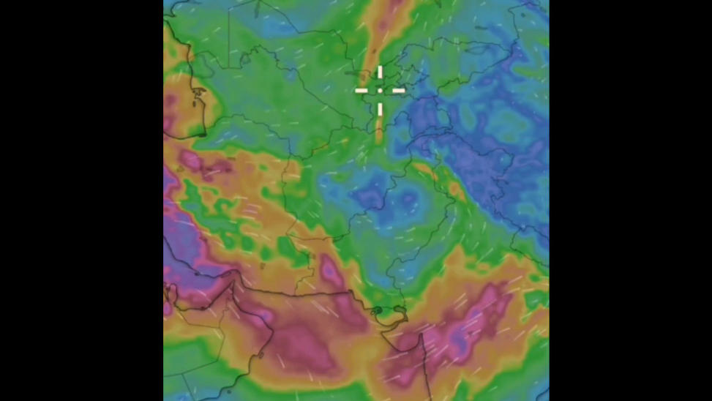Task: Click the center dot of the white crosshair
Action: pos(380,91)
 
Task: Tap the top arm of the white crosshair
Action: pos(380,75)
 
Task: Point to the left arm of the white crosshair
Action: pos(364,91)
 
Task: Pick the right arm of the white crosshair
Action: pos(396,91)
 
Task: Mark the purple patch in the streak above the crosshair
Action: pos(396,6)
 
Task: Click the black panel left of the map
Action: pos(80,200)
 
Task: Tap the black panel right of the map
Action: pos(629,200)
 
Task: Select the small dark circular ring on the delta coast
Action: pos(378,311)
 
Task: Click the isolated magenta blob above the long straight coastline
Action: pos(329,270)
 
